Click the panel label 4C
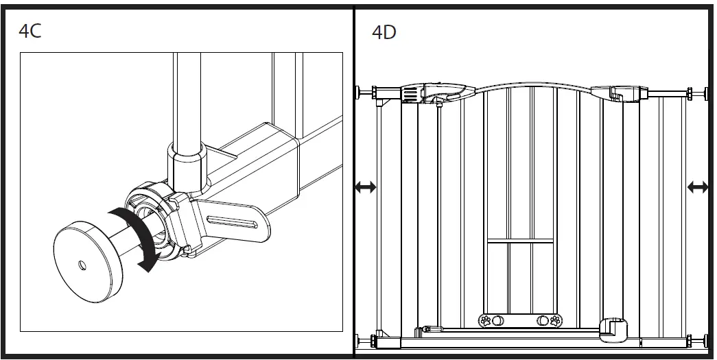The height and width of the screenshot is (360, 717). (30, 31)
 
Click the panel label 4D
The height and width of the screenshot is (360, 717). (384, 32)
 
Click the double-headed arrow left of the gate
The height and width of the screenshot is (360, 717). (365, 187)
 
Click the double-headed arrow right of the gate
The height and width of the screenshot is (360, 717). (698, 187)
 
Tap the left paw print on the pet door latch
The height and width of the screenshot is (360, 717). (486, 320)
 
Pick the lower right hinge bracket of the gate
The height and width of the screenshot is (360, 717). (613, 328)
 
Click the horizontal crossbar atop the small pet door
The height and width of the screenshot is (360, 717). (520, 241)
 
